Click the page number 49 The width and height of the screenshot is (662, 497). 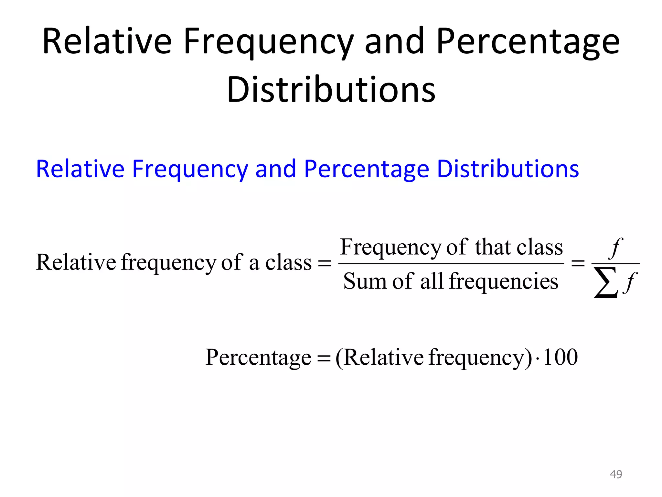(x=616, y=474)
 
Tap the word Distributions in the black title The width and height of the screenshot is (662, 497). (x=331, y=90)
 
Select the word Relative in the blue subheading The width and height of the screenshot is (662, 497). (x=80, y=169)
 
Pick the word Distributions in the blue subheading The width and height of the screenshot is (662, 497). (x=508, y=169)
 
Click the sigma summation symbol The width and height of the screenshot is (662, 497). (x=605, y=282)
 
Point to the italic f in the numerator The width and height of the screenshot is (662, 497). (x=615, y=248)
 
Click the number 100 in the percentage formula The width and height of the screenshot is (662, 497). (x=561, y=357)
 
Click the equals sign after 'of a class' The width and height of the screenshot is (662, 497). (x=325, y=263)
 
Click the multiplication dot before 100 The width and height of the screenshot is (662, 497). (x=537, y=359)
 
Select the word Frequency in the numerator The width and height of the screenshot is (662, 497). (x=391, y=248)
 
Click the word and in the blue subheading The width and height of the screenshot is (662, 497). (x=275, y=169)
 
